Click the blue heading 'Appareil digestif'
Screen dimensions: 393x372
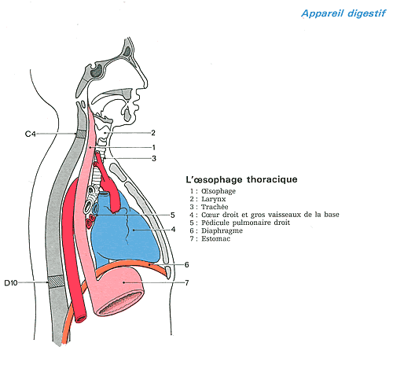coord(343,13)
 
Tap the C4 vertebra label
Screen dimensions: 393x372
coord(30,134)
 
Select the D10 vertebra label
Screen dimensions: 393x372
coord(11,283)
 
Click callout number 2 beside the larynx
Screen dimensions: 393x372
coord(153,133)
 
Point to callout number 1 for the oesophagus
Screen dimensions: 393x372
coord(154,148)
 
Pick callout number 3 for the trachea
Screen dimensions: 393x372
coord(154,159)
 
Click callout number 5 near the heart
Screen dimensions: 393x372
coord(172,215)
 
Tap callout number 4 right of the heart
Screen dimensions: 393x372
coord(173,230)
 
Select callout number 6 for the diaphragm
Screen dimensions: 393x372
coord(186,265)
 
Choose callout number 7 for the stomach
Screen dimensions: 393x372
coord(187,283)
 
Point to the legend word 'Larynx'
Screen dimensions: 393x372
coord(213,199)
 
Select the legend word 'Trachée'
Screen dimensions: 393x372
coord(215,207)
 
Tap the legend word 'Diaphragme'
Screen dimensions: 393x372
coord(222,231)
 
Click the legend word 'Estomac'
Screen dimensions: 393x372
coord(215,239)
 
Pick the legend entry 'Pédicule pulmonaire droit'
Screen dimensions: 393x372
coord(245,223)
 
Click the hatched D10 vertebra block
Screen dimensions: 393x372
coord(56,282)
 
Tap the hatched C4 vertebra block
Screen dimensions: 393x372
coord(81,134)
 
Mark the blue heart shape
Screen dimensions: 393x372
coord(126,230)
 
